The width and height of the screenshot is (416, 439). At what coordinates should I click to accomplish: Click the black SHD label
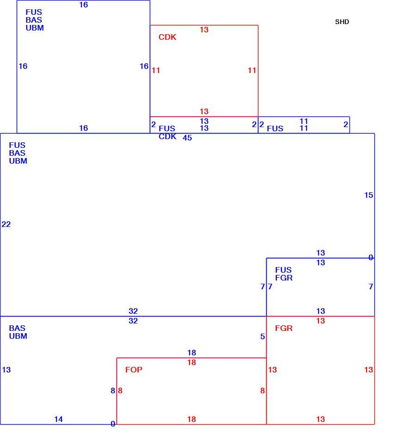click(342, 22)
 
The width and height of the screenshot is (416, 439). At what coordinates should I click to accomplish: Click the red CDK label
click(167, 37)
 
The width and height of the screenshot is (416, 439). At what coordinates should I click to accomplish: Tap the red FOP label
click(134, 370)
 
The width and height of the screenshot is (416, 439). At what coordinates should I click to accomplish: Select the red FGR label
click(283, 328)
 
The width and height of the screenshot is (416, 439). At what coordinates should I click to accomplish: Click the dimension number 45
click(187, 138)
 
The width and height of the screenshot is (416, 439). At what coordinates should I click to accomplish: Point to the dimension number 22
click(6, 224)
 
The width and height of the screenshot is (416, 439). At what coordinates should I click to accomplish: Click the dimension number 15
click(369, 195)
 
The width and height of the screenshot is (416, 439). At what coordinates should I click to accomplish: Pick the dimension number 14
click(58, 419)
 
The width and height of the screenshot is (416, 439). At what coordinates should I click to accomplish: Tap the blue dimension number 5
click(263, 336)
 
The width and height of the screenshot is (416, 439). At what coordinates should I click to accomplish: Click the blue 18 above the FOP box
click(192, 353)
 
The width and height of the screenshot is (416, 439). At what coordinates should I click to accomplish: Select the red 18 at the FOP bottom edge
click(192, 419)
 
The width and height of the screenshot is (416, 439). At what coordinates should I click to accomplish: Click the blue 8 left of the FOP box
click(113, 390)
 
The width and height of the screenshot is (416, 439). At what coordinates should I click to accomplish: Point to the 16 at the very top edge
click(84, 5)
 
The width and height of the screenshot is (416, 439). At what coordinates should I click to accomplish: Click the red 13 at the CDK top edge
click(204, 30)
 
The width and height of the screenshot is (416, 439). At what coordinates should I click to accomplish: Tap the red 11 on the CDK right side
click(252, 70)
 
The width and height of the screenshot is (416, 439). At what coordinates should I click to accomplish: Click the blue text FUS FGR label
click(283, 274)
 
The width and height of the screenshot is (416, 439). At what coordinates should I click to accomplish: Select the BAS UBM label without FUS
click(18, 332)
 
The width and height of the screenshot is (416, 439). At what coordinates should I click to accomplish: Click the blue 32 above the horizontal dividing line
click(133, 311)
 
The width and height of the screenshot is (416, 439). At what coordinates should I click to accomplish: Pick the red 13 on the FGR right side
click(369, 370)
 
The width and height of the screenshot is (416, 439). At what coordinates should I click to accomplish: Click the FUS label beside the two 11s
click(275, 128)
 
